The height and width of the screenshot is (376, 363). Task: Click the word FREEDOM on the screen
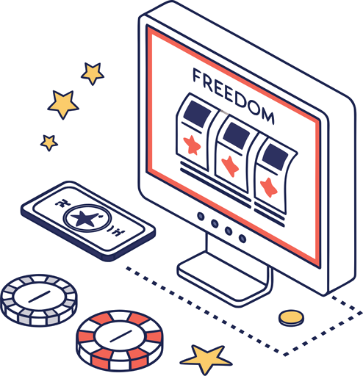234,96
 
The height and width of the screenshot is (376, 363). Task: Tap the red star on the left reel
192,145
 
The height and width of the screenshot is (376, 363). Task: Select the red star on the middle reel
230,166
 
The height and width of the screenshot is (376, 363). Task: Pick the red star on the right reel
269,187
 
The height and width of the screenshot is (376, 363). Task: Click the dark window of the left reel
198,114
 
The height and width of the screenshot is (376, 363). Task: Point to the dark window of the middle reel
237,136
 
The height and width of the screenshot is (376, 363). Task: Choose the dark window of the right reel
275,156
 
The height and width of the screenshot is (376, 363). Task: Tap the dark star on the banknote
85,218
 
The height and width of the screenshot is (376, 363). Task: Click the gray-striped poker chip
39,300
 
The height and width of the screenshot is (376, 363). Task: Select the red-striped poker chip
120,341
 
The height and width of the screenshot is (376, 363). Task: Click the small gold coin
291,318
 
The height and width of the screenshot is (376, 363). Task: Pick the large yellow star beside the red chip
206,358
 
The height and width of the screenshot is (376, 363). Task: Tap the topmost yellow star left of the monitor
93,73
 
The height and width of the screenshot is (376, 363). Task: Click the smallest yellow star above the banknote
49,142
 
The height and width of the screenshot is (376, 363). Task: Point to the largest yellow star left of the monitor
63,104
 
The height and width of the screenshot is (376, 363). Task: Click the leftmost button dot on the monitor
201,217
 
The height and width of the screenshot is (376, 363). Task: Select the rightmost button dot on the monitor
242,238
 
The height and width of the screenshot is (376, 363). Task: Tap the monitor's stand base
225,278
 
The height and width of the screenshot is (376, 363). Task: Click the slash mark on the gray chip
39,297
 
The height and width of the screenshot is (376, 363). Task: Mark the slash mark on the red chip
121,336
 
